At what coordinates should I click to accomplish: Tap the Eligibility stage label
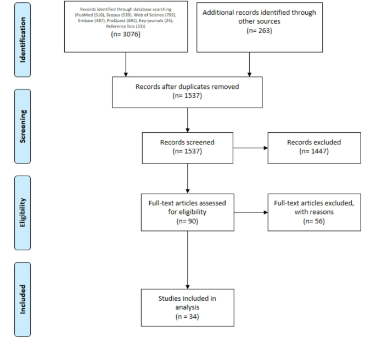(x=23, y=211)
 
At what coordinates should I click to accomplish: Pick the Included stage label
(x=23, y=299)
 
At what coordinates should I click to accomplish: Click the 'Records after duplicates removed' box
(x=188, y=92)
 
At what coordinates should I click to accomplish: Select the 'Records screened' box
(x=188, y=147)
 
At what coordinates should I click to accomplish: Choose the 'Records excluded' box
(x=314, y=147)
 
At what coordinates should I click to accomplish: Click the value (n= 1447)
(x=314, y=151)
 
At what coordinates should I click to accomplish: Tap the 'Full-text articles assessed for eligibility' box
(x=188, y=211)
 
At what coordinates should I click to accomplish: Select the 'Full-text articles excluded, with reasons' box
(x=314, y=211)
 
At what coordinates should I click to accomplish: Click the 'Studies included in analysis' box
(x=188, y=308)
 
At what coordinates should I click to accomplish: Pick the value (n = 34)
(x=188, y=317)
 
